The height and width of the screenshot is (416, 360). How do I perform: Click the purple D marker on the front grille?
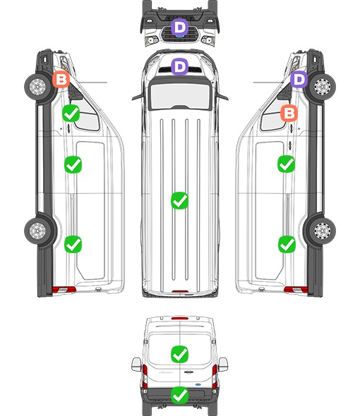180,27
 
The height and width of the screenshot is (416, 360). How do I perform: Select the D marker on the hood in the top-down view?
180,66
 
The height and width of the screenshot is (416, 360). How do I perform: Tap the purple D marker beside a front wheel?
299,79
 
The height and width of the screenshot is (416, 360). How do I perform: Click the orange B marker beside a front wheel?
61,80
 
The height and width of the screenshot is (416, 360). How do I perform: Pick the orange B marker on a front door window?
289,113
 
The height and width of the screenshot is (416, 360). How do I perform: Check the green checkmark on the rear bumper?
180,396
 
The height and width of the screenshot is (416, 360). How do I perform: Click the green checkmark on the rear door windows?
180,354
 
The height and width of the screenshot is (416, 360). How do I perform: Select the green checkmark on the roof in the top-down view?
180,200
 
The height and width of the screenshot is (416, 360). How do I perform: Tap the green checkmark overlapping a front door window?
71,114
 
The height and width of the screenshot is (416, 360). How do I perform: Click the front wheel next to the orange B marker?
37,87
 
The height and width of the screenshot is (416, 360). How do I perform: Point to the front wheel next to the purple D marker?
323,87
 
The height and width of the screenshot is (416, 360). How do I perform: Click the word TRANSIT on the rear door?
166,372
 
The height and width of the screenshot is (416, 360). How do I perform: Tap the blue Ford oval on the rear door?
198,384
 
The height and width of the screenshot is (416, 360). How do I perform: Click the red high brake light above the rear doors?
180,318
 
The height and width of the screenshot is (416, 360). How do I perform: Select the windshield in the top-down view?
180,95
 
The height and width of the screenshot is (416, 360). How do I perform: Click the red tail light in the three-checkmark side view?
64,290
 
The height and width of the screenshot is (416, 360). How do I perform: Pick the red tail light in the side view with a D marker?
296,290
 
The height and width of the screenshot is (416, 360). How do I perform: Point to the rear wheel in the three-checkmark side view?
37,231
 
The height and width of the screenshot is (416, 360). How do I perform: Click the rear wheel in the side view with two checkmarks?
323,231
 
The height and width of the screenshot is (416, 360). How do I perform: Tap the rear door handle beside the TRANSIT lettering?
188,372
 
